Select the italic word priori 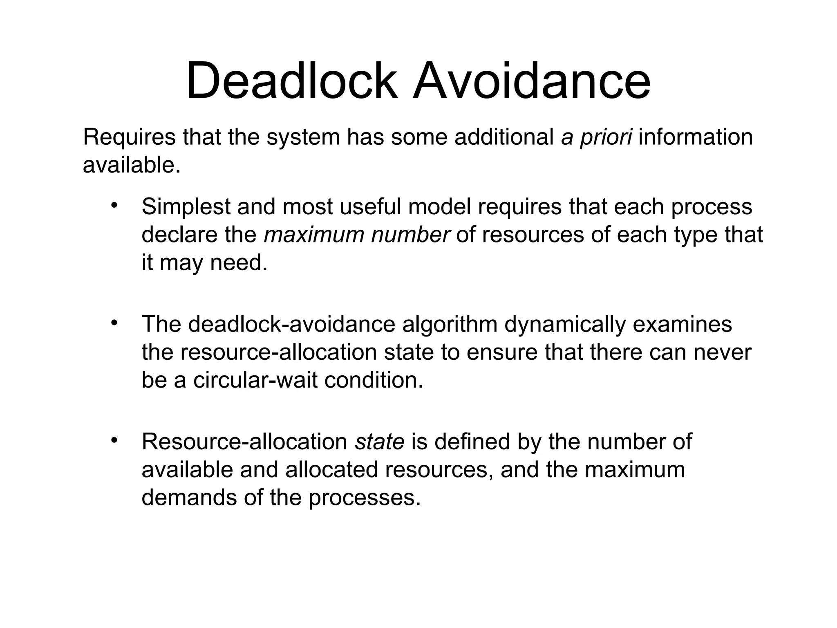[606, 137]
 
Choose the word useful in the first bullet [370, 206]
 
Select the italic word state [380, 442]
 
